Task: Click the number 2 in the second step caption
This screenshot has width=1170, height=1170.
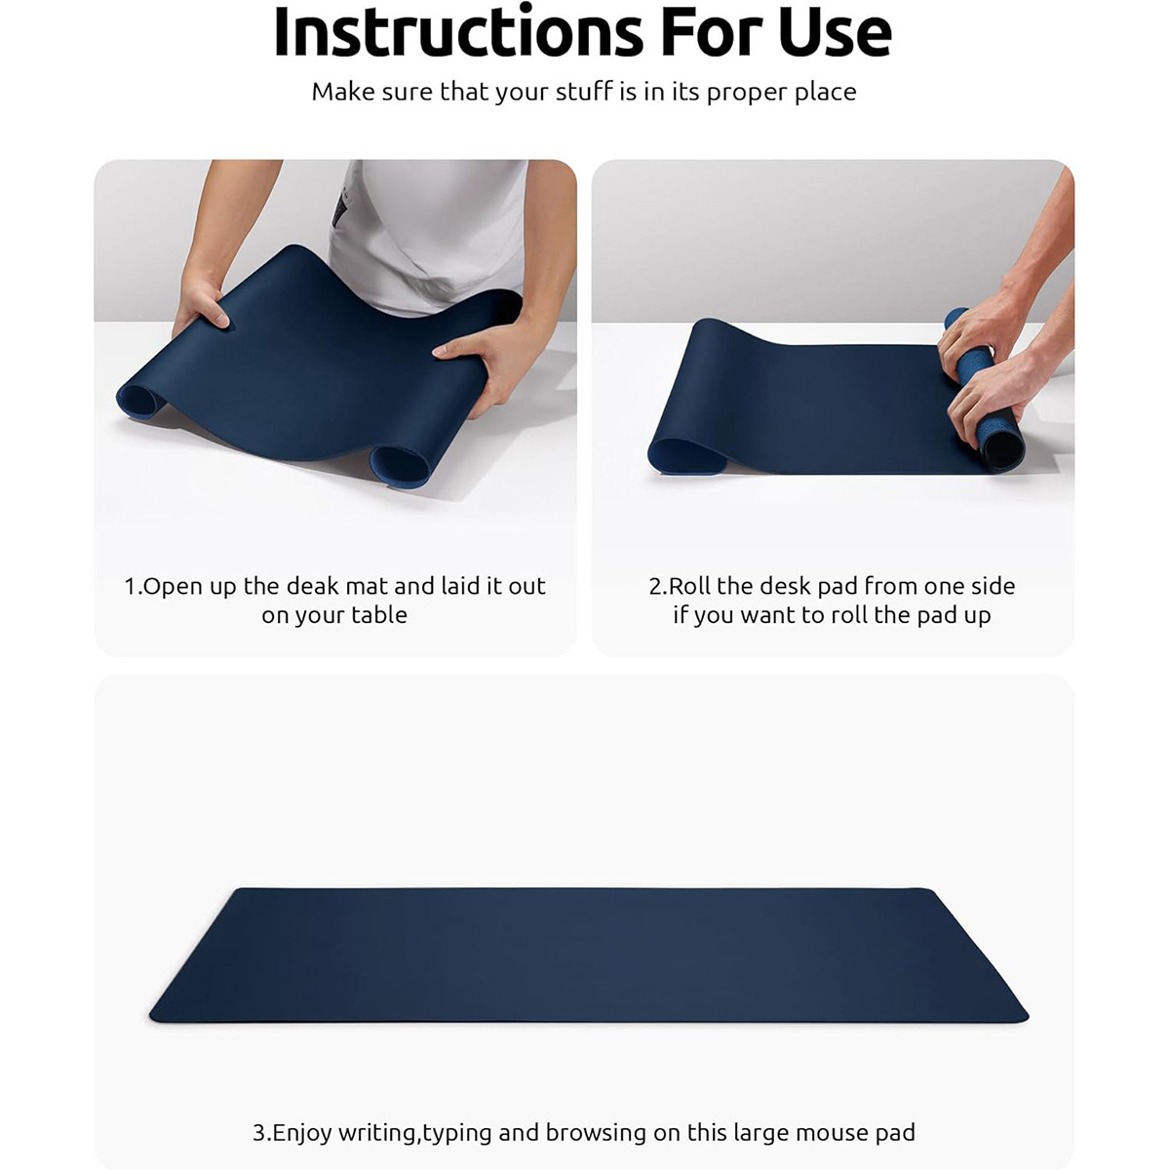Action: (655, 587)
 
